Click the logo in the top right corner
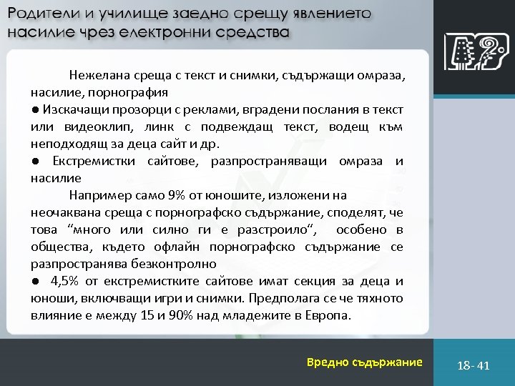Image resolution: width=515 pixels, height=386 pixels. tap(472, 52)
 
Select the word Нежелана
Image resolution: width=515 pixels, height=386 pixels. tap(98, 75)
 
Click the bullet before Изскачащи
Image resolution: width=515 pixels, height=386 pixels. tap(35, 110)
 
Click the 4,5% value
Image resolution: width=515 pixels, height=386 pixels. tap(64, 281)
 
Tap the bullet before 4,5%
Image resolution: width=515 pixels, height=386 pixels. tap(35, 281)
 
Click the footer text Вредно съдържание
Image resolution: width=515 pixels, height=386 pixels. tap(365, 362)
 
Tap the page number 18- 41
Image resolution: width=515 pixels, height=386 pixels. tap(474, 365)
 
